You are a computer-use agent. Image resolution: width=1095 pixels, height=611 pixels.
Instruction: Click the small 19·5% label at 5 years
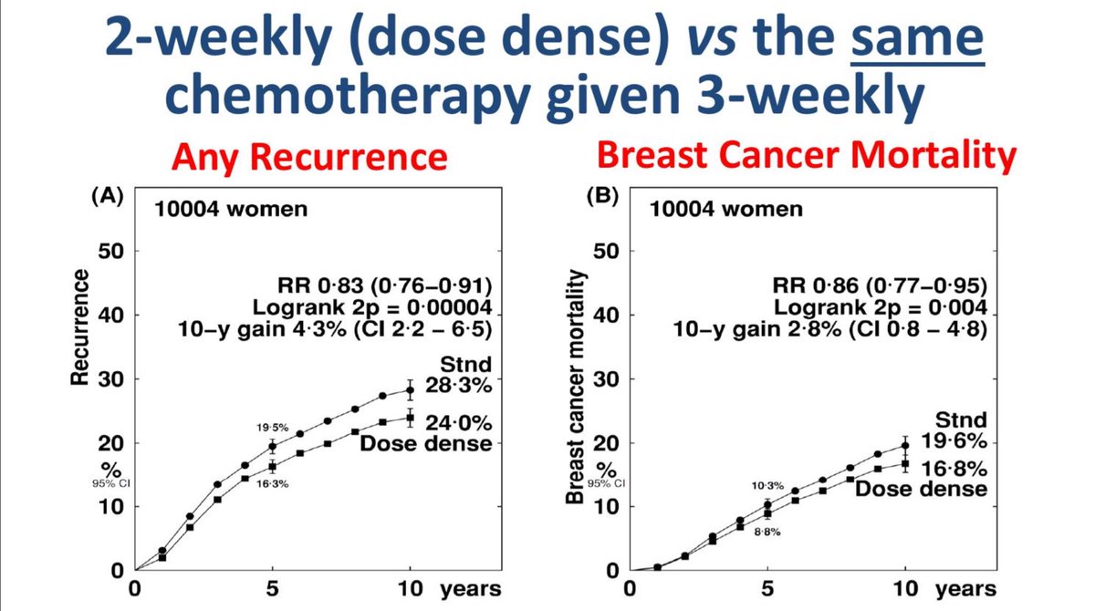pos(272,426)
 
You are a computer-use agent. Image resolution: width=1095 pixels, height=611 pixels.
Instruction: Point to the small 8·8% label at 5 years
pos(767,532)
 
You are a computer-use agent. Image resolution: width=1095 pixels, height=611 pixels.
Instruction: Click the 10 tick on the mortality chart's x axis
pos(904,589)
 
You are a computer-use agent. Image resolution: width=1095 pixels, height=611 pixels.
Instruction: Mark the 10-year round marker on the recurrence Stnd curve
pos(410,389)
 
